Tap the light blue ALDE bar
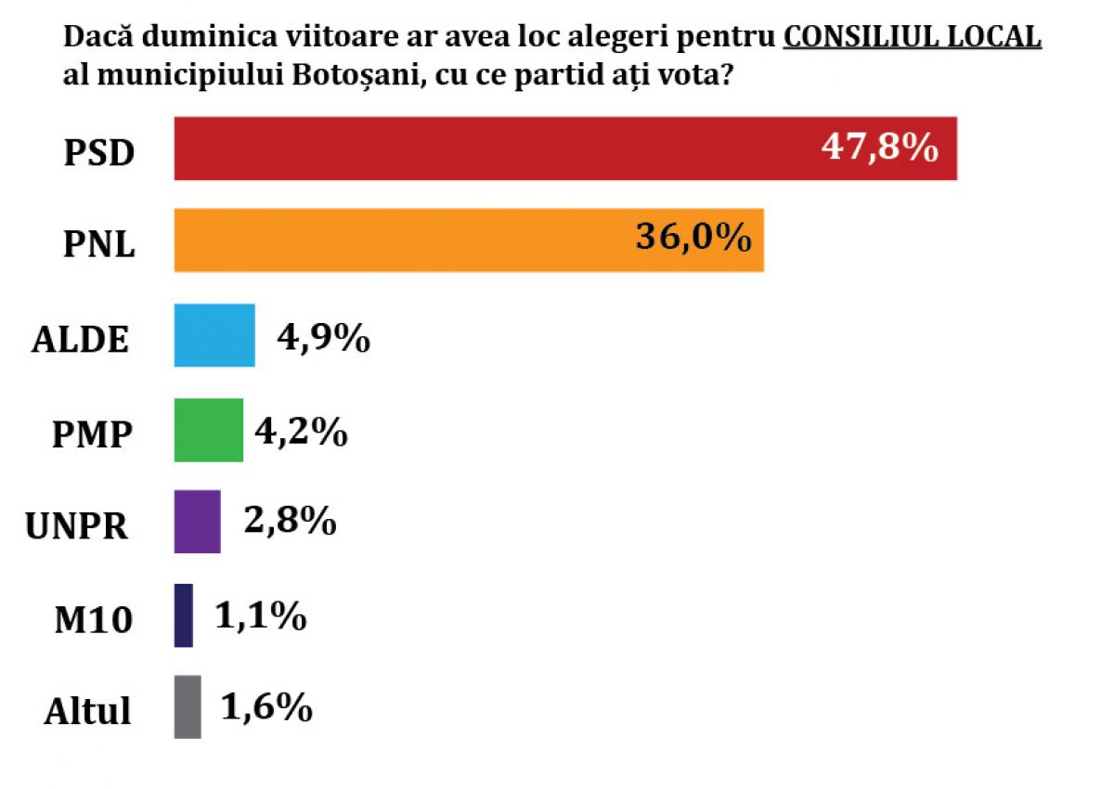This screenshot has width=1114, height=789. click(214, 335)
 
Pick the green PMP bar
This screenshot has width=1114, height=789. click(209, 430)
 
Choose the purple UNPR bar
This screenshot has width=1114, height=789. click(198, 522)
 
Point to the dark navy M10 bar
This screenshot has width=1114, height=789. click(184, 615)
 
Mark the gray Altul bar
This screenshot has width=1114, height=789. click(188, 707)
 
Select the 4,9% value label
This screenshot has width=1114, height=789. click(323, 339)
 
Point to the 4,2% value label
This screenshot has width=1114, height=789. click(301, 432)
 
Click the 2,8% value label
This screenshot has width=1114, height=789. click(289, 523)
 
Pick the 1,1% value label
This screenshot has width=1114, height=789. click(261, 615)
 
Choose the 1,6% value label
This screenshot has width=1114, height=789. click(266, 708)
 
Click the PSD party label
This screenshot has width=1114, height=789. click(99, 153)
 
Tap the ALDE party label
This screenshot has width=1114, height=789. click(81, 340)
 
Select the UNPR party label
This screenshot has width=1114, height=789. click(76, 526)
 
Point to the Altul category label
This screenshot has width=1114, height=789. click(88, 712)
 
